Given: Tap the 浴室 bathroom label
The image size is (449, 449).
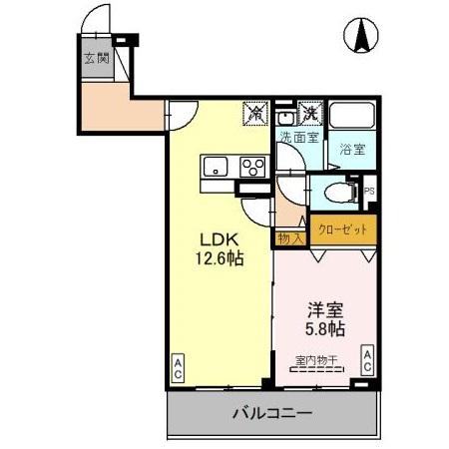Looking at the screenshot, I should (x=351, y=150).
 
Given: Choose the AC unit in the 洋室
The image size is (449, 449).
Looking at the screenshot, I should (x=367, y=360).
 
